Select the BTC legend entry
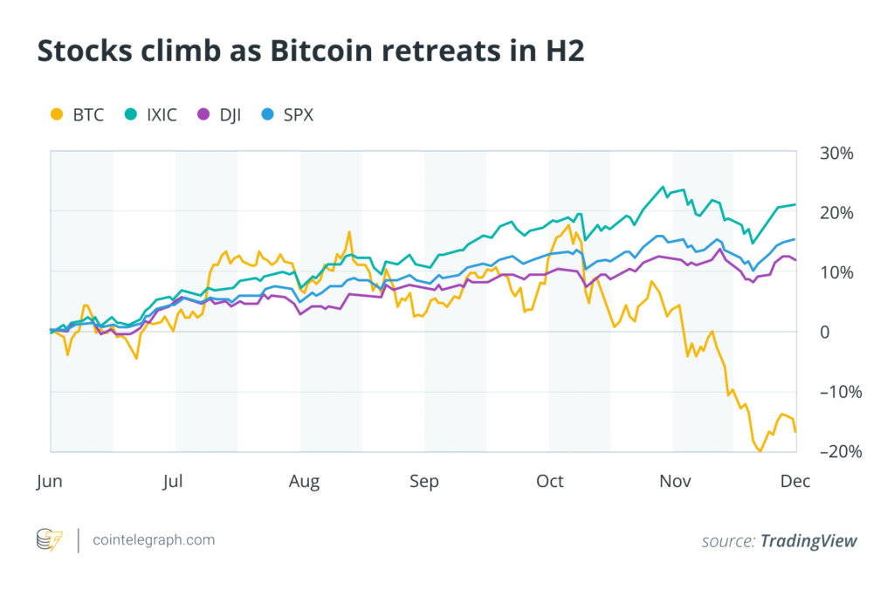[x=78, y=114]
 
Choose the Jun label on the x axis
[x=51, y=481]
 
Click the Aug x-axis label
[x=305, y=481]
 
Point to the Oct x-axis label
[x=550, y=481]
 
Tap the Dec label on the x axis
[x=795, y=481]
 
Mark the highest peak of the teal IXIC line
[x=664, y=187]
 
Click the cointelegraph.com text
[x=154, y=540]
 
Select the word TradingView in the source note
[x=808, y=541]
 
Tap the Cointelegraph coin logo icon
[x=49, y=540]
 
